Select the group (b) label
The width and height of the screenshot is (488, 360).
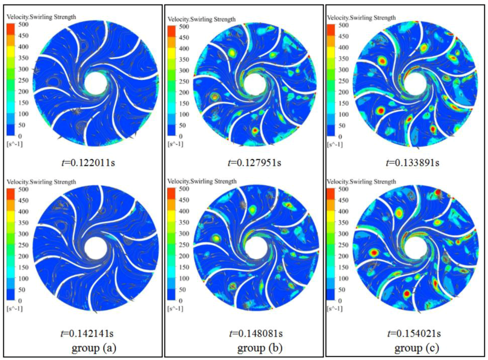(256, 349)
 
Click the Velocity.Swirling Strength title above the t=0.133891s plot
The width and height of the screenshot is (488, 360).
(361, 18)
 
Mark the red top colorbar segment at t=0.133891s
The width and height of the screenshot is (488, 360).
(333, 29)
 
